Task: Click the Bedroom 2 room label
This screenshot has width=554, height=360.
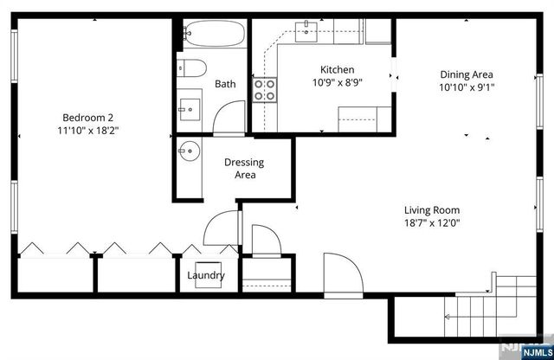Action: point(87,118)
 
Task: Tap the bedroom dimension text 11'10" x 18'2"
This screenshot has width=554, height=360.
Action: point(87,132)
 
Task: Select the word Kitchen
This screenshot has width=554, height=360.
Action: point(337,70)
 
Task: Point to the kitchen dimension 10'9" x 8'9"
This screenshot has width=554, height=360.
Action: point(337,84)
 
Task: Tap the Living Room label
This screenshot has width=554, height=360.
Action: point(432,209)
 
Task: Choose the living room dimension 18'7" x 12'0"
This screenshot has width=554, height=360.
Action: point(432,223)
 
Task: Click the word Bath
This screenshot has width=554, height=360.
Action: point(225,84)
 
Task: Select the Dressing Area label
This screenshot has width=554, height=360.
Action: point(244,168)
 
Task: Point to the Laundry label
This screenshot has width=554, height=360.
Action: point(206,276)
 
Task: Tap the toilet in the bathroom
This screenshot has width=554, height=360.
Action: point(191,68)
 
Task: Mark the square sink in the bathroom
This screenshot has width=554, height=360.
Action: point(190,108)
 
